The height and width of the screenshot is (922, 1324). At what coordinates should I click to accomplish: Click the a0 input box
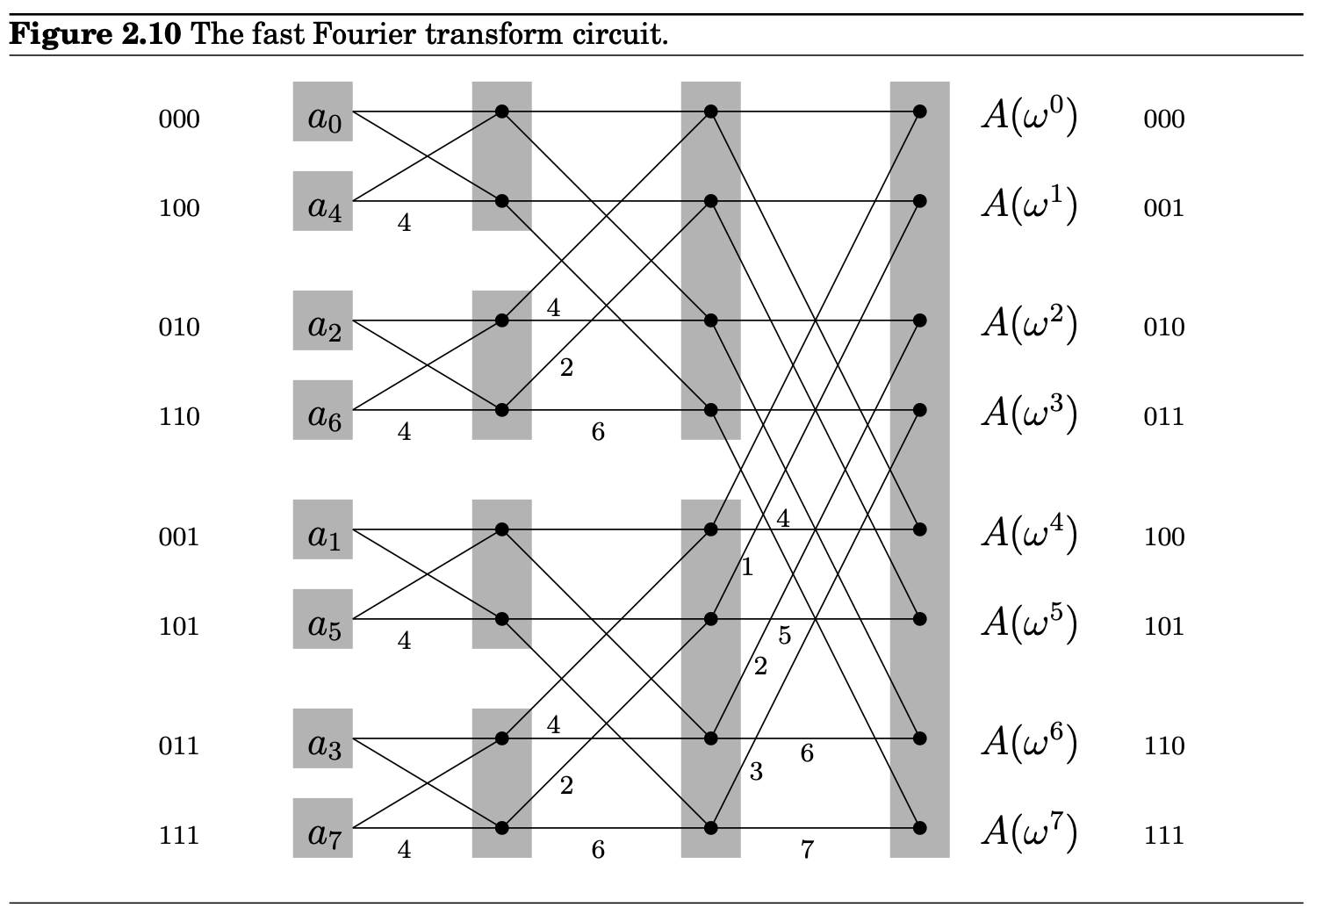(322, 112)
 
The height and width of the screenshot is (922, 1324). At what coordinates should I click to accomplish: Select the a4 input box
(322, 201)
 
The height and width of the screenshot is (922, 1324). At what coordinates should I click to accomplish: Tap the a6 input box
(322, 410)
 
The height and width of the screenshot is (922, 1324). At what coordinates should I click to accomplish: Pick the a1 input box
(322, 529)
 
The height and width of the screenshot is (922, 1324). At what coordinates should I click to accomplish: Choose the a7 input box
(322, 828)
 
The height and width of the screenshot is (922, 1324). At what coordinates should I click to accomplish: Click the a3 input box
(322, 738)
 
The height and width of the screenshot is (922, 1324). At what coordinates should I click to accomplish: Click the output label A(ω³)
(1028, 411)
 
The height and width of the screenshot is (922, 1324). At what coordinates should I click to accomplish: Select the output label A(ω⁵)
(1028, 622)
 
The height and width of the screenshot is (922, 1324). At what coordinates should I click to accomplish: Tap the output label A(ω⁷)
(1028, 831)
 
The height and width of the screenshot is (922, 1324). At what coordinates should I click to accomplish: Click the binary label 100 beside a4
(179, 208)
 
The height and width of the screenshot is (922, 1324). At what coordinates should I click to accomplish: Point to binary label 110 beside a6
(179, 416)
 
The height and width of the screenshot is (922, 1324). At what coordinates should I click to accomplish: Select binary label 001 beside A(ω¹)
(1163, 208)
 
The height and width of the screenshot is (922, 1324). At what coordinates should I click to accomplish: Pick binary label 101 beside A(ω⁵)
(1163, 626)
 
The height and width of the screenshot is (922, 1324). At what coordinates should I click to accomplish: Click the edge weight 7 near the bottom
(807, 849)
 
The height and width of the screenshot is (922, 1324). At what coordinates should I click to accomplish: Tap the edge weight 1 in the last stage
(747, 568)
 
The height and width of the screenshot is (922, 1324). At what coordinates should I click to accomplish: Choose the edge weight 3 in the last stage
(756, 773)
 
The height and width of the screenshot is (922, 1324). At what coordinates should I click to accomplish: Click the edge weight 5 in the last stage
(784, 636)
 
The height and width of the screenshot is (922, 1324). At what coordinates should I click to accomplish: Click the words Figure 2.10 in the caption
(96, 35)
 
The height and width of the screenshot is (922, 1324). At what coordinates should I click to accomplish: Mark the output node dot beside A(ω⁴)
(919, 529)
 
